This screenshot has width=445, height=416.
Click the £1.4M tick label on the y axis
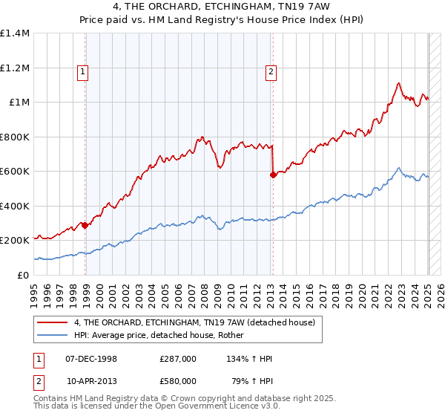pos(15,33)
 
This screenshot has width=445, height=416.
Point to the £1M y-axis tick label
pos(19,103)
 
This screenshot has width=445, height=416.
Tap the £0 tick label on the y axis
pos(24,275)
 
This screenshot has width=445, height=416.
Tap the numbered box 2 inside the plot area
pos(271,72)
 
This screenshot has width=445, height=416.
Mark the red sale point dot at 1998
pos(85,225)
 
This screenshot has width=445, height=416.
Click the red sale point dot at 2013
pos(273,175)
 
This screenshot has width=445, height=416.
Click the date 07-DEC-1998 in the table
pos(90,359)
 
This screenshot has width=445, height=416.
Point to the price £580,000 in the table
pos(178,381)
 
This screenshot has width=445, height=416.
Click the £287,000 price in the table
pos(178,359)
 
